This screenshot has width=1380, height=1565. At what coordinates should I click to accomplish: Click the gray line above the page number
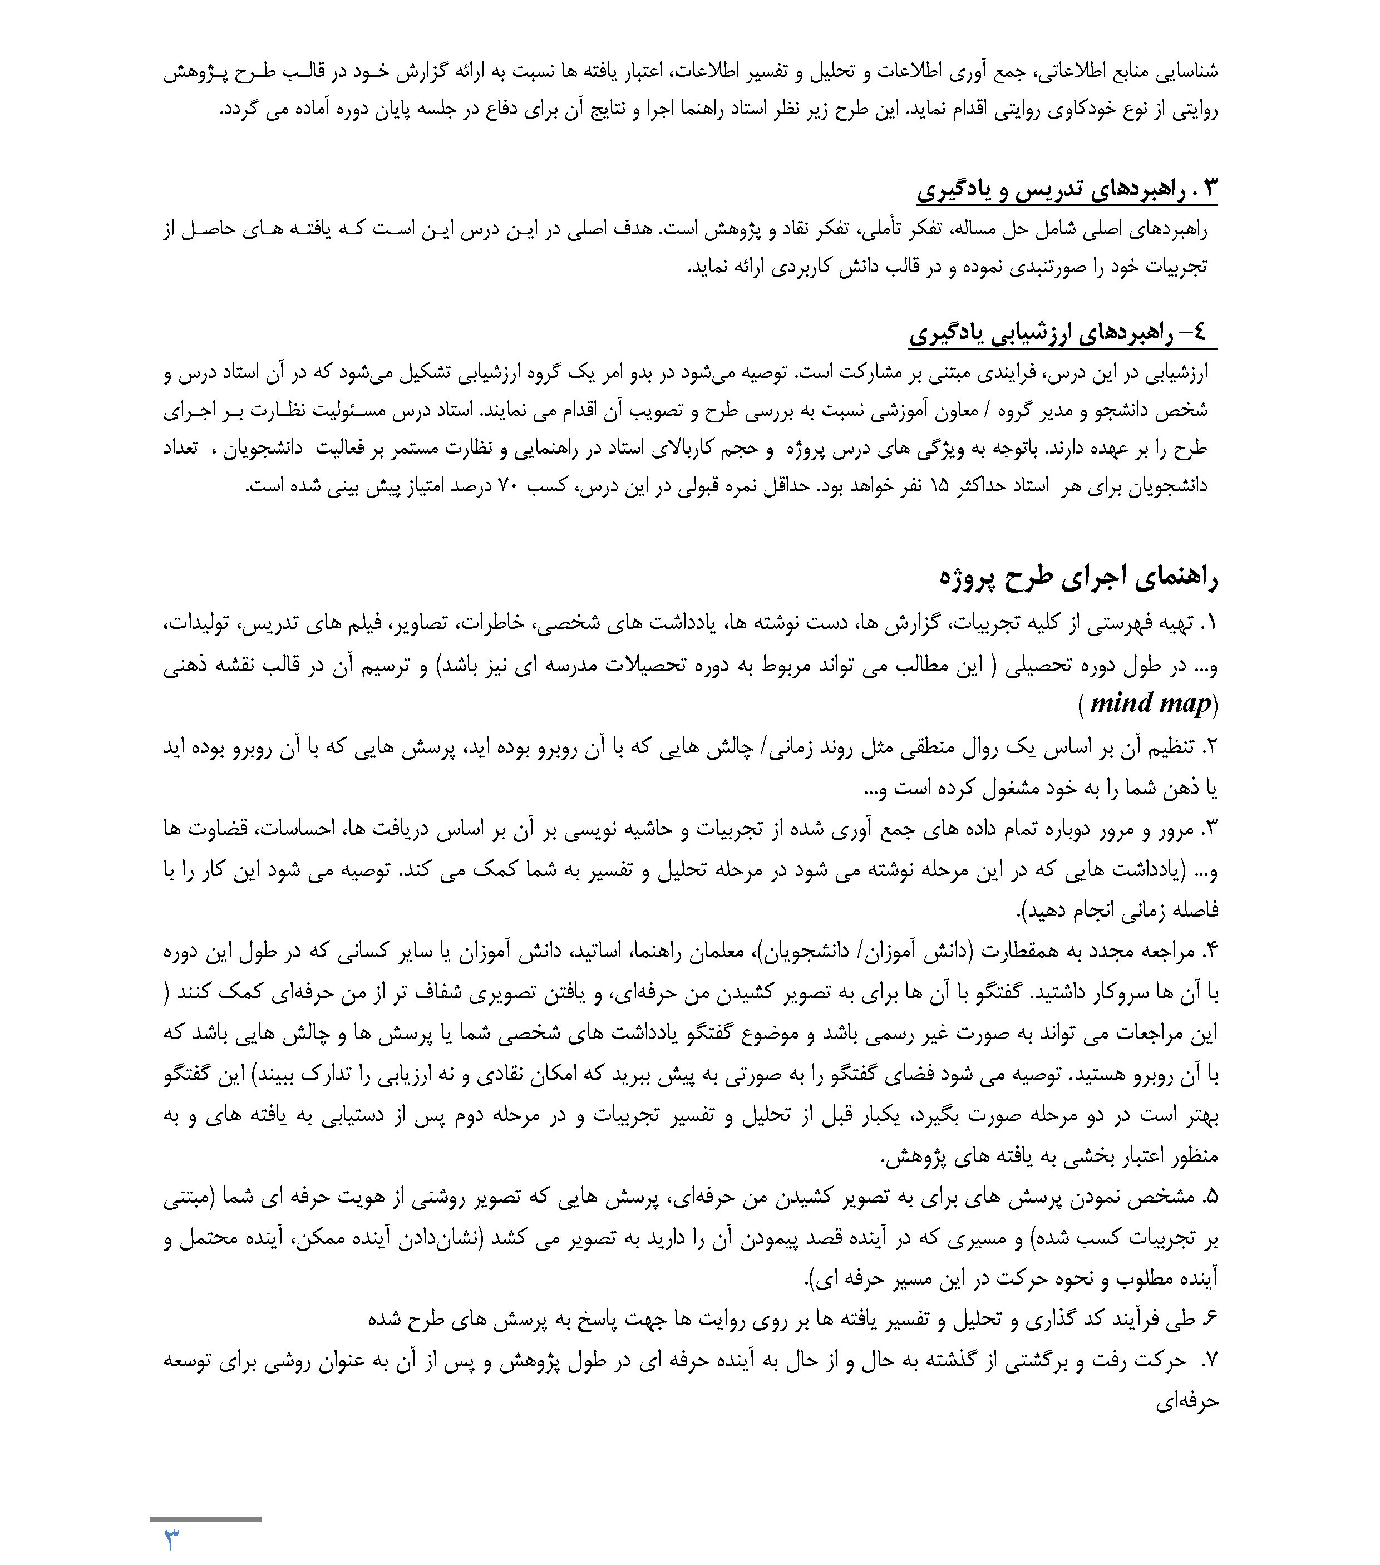pos(205,1519)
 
